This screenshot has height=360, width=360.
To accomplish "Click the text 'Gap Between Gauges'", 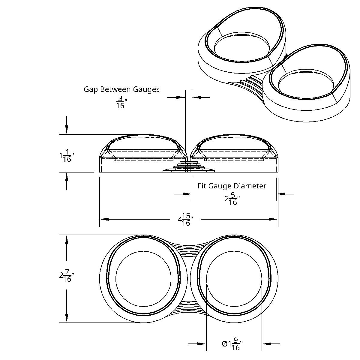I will click(x=121, y=89).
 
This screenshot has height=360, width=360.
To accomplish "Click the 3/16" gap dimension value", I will click(x=120, y=102).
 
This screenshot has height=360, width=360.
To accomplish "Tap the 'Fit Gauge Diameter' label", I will click(x=232, y=186).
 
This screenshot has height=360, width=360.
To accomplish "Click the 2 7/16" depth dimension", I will click(x=67, y=276).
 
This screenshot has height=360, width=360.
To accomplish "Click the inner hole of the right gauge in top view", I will click(x=235, y=279).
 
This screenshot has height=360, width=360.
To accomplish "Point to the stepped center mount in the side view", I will click(x=188, y=167).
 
